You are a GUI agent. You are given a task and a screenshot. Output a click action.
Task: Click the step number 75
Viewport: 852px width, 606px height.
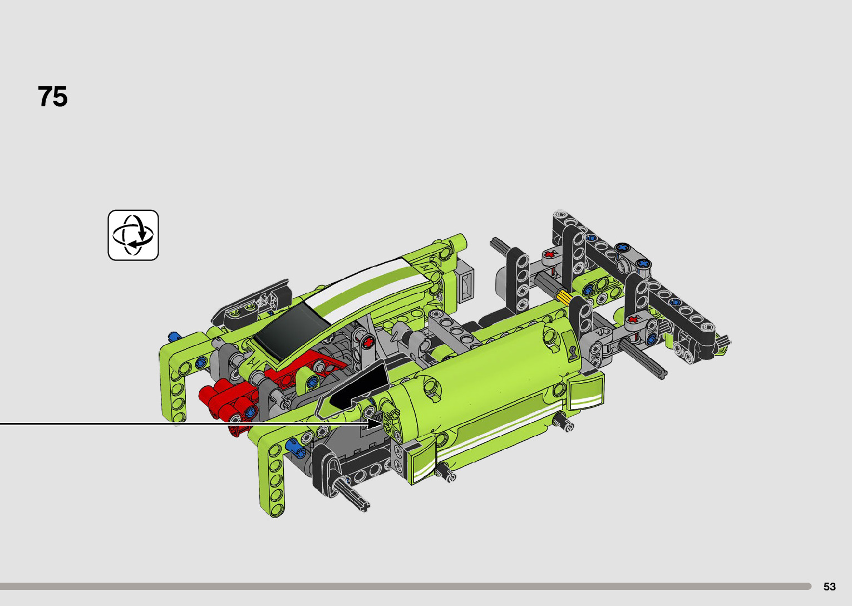(53, 97)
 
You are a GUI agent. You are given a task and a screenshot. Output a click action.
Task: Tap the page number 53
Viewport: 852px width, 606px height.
(829, 587)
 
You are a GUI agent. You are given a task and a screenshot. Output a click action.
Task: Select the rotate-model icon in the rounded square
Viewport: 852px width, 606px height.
(133, 235)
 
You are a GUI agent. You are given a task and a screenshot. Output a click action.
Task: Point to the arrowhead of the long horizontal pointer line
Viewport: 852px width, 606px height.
(375, 423)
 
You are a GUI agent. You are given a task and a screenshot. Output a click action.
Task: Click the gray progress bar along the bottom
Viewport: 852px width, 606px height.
(406, 586)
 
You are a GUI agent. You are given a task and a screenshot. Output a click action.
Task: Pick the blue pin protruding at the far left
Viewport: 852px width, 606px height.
(174, 336)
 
